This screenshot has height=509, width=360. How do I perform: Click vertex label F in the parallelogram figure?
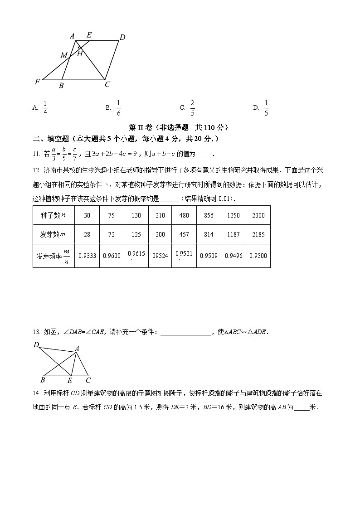pyautogui.click(x=37, y=82)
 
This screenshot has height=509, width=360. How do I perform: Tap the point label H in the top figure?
pyautogui.click(x=79, y=54)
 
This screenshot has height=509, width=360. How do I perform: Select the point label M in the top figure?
pyautogui.click(x=64, y=55)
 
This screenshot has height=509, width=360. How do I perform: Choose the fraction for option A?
pyautogui.click(x=45, y=107)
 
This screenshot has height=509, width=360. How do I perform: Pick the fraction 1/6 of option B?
pyautogui.click(x=118, y=107)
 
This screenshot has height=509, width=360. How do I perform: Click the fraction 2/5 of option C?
pyautogui.click(x=193, y=107)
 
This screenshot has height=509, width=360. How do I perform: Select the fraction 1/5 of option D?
pyautogui.click(x=266, y=107)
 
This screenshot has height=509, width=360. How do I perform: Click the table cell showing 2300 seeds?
pyautogui.click(x=258, y=216)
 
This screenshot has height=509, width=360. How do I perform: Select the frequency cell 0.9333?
pyautogui.click(x=87, y=256)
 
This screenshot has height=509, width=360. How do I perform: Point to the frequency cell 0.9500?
pyautogui.click(x=258, y=256)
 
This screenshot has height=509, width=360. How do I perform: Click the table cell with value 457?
pyautogui.click(x=184, y=235)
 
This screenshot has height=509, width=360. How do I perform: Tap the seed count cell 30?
pyautogui.click(x=87, y=216)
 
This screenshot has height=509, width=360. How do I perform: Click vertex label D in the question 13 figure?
pyautogui.click(x=36, y=345)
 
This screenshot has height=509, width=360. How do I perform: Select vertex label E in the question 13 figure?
pyautogui.click(x=70, y=380)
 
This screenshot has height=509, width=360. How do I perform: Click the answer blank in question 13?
pyautogui.click(x=186, y=332)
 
